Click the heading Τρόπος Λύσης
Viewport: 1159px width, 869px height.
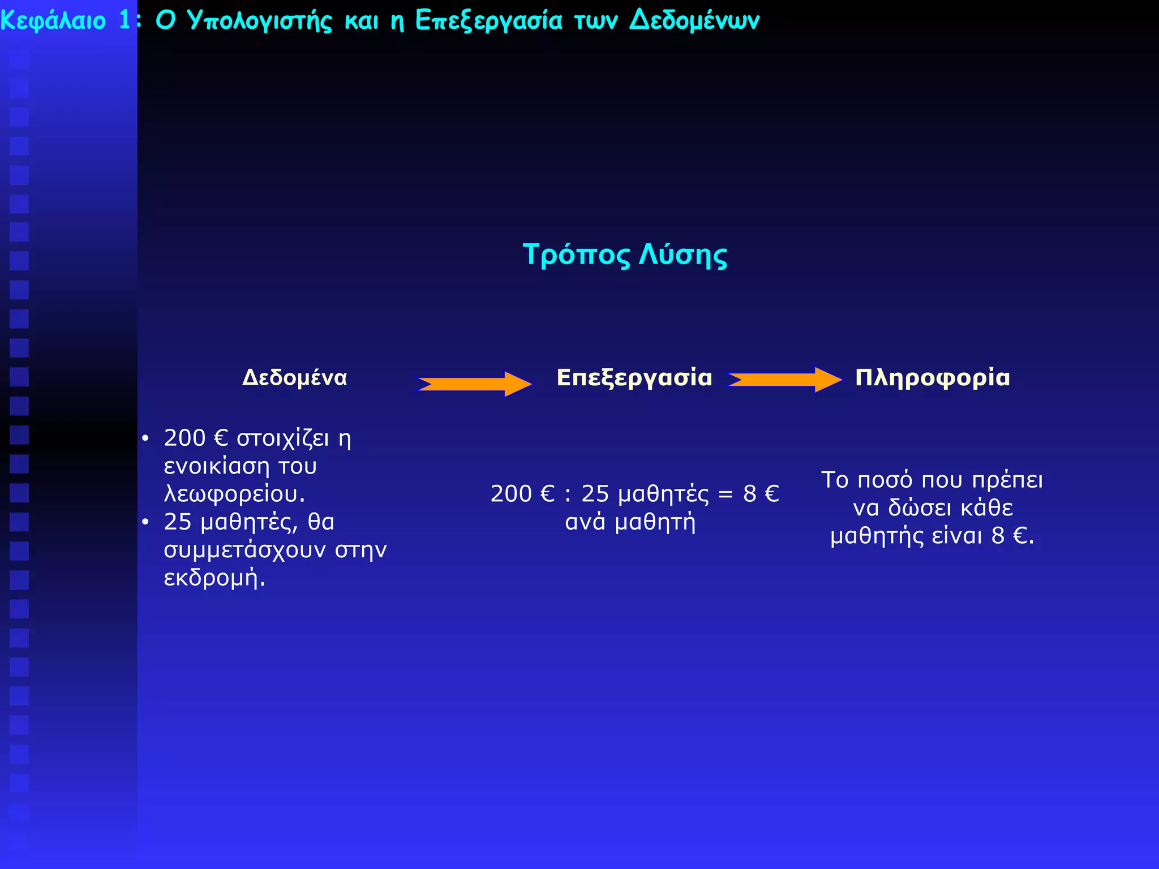625,255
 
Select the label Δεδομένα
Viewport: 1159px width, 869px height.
294,377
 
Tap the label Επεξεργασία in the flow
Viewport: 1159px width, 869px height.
634,377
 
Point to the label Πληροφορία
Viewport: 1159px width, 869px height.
932,377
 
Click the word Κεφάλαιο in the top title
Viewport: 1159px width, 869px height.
53,21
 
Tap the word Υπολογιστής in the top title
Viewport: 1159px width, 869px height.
259,21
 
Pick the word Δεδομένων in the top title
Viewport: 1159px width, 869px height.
694,21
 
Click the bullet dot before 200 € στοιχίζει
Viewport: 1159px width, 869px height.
145,438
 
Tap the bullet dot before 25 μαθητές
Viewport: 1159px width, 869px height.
145,522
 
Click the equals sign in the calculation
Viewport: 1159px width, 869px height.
726,494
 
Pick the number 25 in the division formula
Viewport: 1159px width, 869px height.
595,494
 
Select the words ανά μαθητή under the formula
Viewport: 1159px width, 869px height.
630,522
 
